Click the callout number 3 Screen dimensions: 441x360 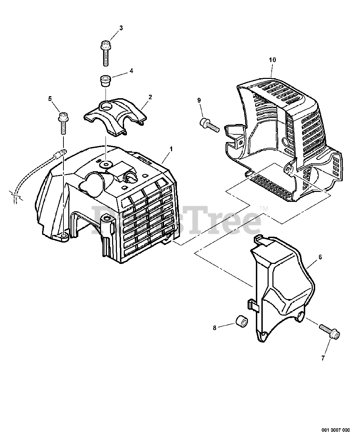pyautogui.click(x=121, y=28)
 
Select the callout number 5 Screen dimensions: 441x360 pyautogui.click(x=50, y=99)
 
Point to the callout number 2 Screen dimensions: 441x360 pyautogui.click(x=150, y=97)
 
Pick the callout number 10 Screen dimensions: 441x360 pyautogui.click(x=272, y=60)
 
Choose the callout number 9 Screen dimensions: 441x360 pyautogui.click(x=199, y=100)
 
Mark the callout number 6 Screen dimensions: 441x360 pyautogui.click(x=320, y=257)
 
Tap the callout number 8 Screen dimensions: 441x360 pyautogui.click(x=214, y=328)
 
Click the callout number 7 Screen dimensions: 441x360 pyautogui.click(x=323, y=358)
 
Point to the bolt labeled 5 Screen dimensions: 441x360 pyautogui.click(x=63, y=123)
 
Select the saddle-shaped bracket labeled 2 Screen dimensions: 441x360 pyautogui.click(x=116, y=115)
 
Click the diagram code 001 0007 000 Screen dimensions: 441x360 pyautogui.click(x=336, y=430)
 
